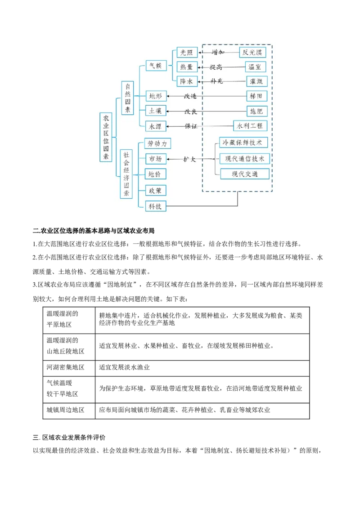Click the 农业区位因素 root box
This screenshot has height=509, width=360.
[106, 137]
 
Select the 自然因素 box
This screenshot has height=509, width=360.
[127, 98]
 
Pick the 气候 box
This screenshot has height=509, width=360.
[156, 66]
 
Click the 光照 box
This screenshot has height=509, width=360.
[186, 52]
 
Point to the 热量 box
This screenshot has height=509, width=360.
[186, 67]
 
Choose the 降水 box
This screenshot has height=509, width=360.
[186, 81]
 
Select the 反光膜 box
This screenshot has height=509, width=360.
[252, 52]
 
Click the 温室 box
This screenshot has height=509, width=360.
[256, 67]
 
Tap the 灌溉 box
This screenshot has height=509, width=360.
[256, 81]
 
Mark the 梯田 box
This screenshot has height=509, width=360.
[256, 96]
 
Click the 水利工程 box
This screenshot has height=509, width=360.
[250, 125]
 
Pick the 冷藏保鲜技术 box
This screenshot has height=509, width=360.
[243, 143]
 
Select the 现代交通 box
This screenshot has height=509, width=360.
[245, 174]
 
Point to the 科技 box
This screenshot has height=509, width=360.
[156, 206]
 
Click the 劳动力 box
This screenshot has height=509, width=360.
[157, 144]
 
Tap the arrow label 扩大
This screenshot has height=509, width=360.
[189, 159]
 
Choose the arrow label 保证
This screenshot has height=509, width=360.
[191, 126]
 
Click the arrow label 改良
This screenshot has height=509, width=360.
[190, 111]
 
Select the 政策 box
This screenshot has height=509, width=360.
[156, 191]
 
